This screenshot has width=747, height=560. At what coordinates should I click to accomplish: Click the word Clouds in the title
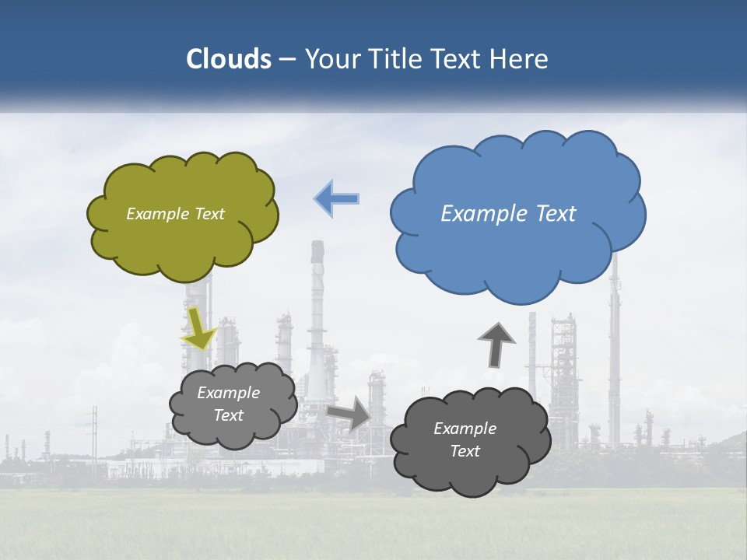(x=229, y=59)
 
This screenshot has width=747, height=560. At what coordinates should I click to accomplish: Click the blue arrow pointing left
(x=337, y=198)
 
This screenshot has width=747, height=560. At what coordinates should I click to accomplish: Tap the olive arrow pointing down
(x=198, y=329)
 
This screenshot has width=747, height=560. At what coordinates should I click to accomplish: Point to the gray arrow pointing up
(x=496, y=345)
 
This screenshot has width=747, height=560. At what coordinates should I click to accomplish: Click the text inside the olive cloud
(x=175, y=214)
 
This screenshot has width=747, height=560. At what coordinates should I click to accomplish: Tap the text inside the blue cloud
(x=508, y=214)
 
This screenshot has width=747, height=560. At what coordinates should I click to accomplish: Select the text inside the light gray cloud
(x=229, y=404)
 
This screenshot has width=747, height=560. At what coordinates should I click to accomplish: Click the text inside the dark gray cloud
(x=465, y=439)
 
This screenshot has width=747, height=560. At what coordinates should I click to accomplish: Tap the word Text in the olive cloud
(x=208, y=214)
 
